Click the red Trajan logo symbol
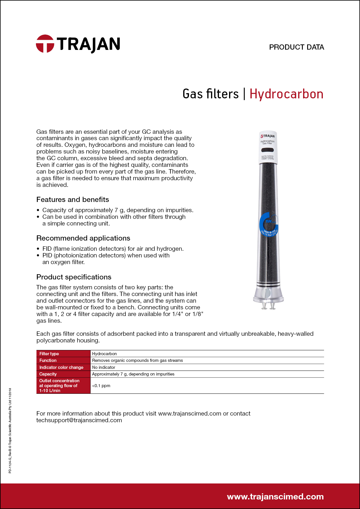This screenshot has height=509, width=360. pos(45,44)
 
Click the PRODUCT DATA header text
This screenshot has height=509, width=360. pos(296,47)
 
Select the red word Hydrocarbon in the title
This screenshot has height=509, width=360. pos(286,94)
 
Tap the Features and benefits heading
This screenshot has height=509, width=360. pos(73,200)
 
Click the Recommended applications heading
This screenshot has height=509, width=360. pos(83,238)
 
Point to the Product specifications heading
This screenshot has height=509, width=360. pos(74,277)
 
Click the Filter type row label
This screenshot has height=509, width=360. pos(49,354)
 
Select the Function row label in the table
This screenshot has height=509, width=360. pos(48,360)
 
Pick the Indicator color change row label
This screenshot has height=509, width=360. pos(61,367)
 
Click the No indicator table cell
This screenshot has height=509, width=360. pos(104,367)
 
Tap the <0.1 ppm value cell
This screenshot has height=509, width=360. pos(101,386)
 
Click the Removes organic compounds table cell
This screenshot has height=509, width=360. pos(137,360)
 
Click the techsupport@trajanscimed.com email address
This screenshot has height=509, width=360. pos(79,420)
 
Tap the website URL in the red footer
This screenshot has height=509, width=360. pos(275,497)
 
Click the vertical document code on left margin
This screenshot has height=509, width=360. pos(10,431)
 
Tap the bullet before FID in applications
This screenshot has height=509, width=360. pos(38,249)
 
